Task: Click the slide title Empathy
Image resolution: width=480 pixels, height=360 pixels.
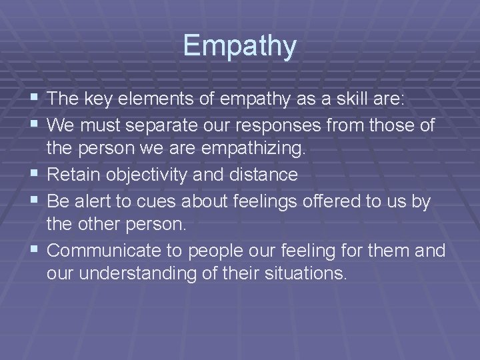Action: pos(239,45)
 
